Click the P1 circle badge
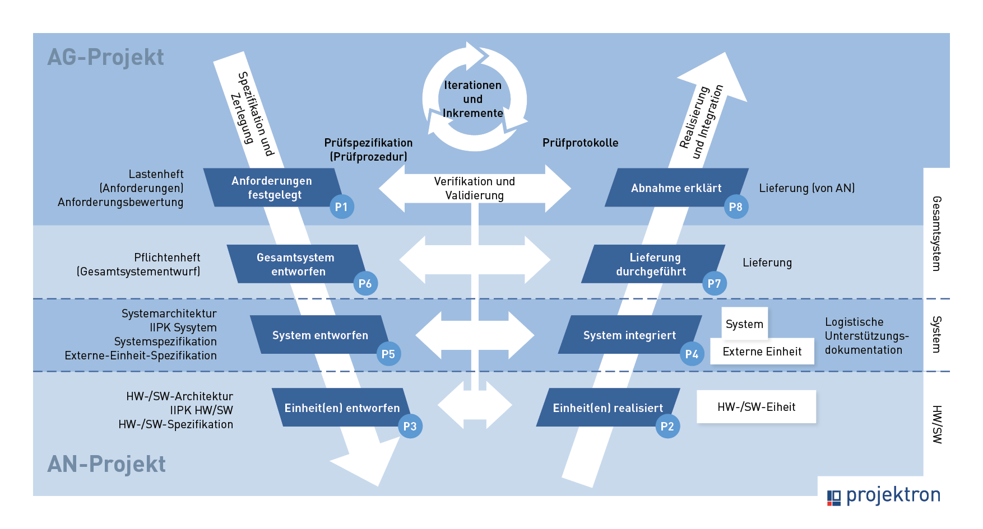pos(341,207)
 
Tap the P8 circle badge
pos(736,207)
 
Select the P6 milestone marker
pos(365,283)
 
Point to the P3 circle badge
pos(410,426)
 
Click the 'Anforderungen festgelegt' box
pos(272,188)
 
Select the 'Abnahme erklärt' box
pos(676,188)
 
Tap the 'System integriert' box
pos(630,335)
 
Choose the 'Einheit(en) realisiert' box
pos(608,408)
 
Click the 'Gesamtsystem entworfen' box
pos(296,264)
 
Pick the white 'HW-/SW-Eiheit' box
pos(757,407)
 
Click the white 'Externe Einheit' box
pos(762,352)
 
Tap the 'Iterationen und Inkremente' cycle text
pos(473,99)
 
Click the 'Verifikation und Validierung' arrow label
pos(475,188)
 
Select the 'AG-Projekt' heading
pos(106,57)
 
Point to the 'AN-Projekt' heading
pos(106,464)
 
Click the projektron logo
pos(884,495)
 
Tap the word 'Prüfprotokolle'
pos(581,143)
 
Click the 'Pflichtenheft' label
pos(167,258)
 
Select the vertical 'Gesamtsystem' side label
pos(936,233)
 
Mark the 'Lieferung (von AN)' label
pos(807,188)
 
